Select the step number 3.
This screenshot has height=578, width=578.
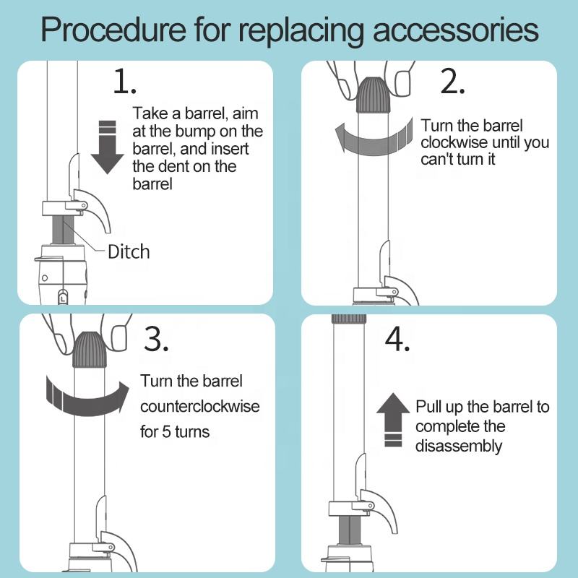tap(156, 339)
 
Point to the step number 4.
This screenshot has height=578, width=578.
tap(397, 339)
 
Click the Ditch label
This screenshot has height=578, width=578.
tap(129, 251)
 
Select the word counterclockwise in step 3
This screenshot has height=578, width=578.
tap(199, 406)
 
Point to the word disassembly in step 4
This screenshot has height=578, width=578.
tap(458, 446)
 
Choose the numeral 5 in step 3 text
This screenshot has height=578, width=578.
tap(171, 433)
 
